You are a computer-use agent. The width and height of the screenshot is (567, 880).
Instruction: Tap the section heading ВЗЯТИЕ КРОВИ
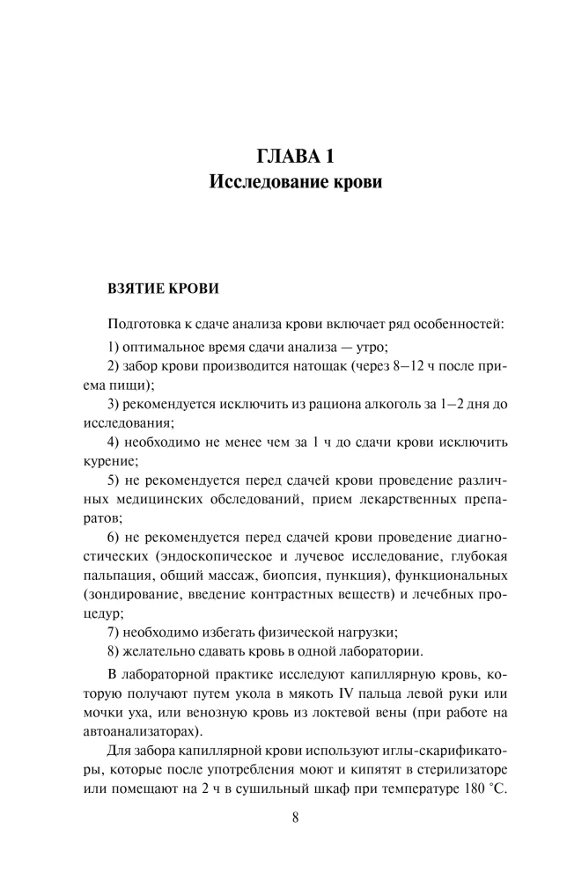click(x=162, y=288)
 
